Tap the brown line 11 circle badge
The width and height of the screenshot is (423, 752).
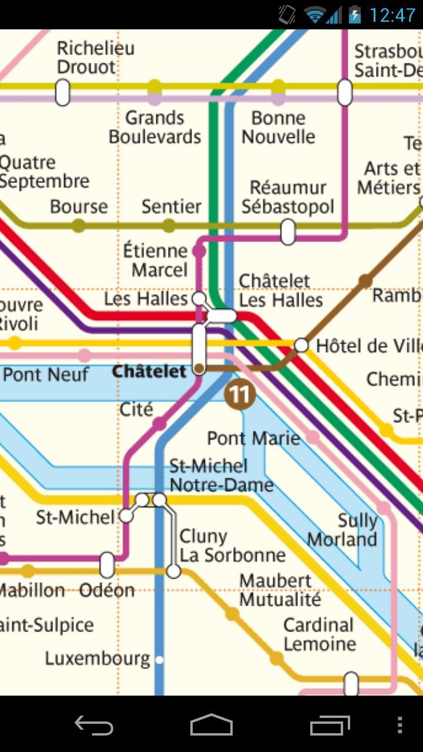click(240, 395)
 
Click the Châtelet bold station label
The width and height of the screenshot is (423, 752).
click(149, 371)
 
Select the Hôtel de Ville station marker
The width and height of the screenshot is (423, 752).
click(301, 345)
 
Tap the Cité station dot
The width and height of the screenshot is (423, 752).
click(159, 424)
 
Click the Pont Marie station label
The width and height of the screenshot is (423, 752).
click(253, 438)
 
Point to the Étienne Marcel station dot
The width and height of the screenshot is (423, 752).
click(199, 251)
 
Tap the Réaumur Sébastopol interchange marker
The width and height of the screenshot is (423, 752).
click(288, 231)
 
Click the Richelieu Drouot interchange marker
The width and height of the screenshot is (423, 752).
click(62, 93)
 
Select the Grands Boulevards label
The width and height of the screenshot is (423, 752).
click(155, 127)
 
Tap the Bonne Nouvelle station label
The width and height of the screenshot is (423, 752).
click(278, 127)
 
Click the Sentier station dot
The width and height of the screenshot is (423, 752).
click(169, 226)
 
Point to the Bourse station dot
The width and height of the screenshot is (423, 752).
click(78, 226)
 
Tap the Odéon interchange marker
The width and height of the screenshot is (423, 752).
click(107, 565)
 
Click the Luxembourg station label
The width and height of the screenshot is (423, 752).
click(98, 659)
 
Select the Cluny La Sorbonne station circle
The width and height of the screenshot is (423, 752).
click(173, 570)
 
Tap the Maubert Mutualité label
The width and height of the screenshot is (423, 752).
click(280, 590)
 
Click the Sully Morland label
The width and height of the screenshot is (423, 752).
click(343, 530)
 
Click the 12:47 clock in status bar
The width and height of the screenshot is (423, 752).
click(392, 15)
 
